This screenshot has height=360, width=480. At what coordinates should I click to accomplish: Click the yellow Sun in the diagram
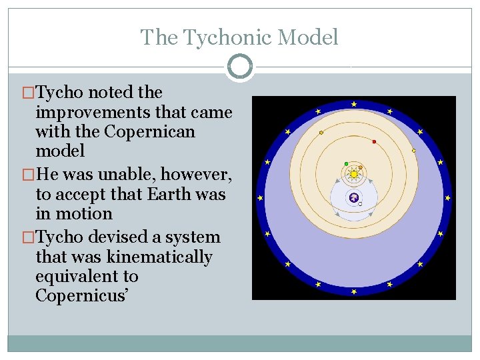[x=353, y=174]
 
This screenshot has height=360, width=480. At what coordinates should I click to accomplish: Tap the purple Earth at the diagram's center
[x=354, y=197]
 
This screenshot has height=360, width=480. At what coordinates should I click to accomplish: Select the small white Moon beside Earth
[x=361, y=204]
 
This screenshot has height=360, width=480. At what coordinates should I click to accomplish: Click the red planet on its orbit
[x=374, y=141]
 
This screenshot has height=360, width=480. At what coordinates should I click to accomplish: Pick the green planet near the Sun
[x=346, y=163]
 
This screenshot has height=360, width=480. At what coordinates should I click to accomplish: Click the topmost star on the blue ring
[x=354, y=104]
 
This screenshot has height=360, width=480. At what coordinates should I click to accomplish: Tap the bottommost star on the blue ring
[x=354, y=291]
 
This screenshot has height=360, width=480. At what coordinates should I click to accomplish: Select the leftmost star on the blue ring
[x=260, y=198]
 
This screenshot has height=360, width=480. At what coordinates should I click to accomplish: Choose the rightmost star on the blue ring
[x=448, y=198]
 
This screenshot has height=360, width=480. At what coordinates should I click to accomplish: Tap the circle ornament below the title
[x=239, y=67]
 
